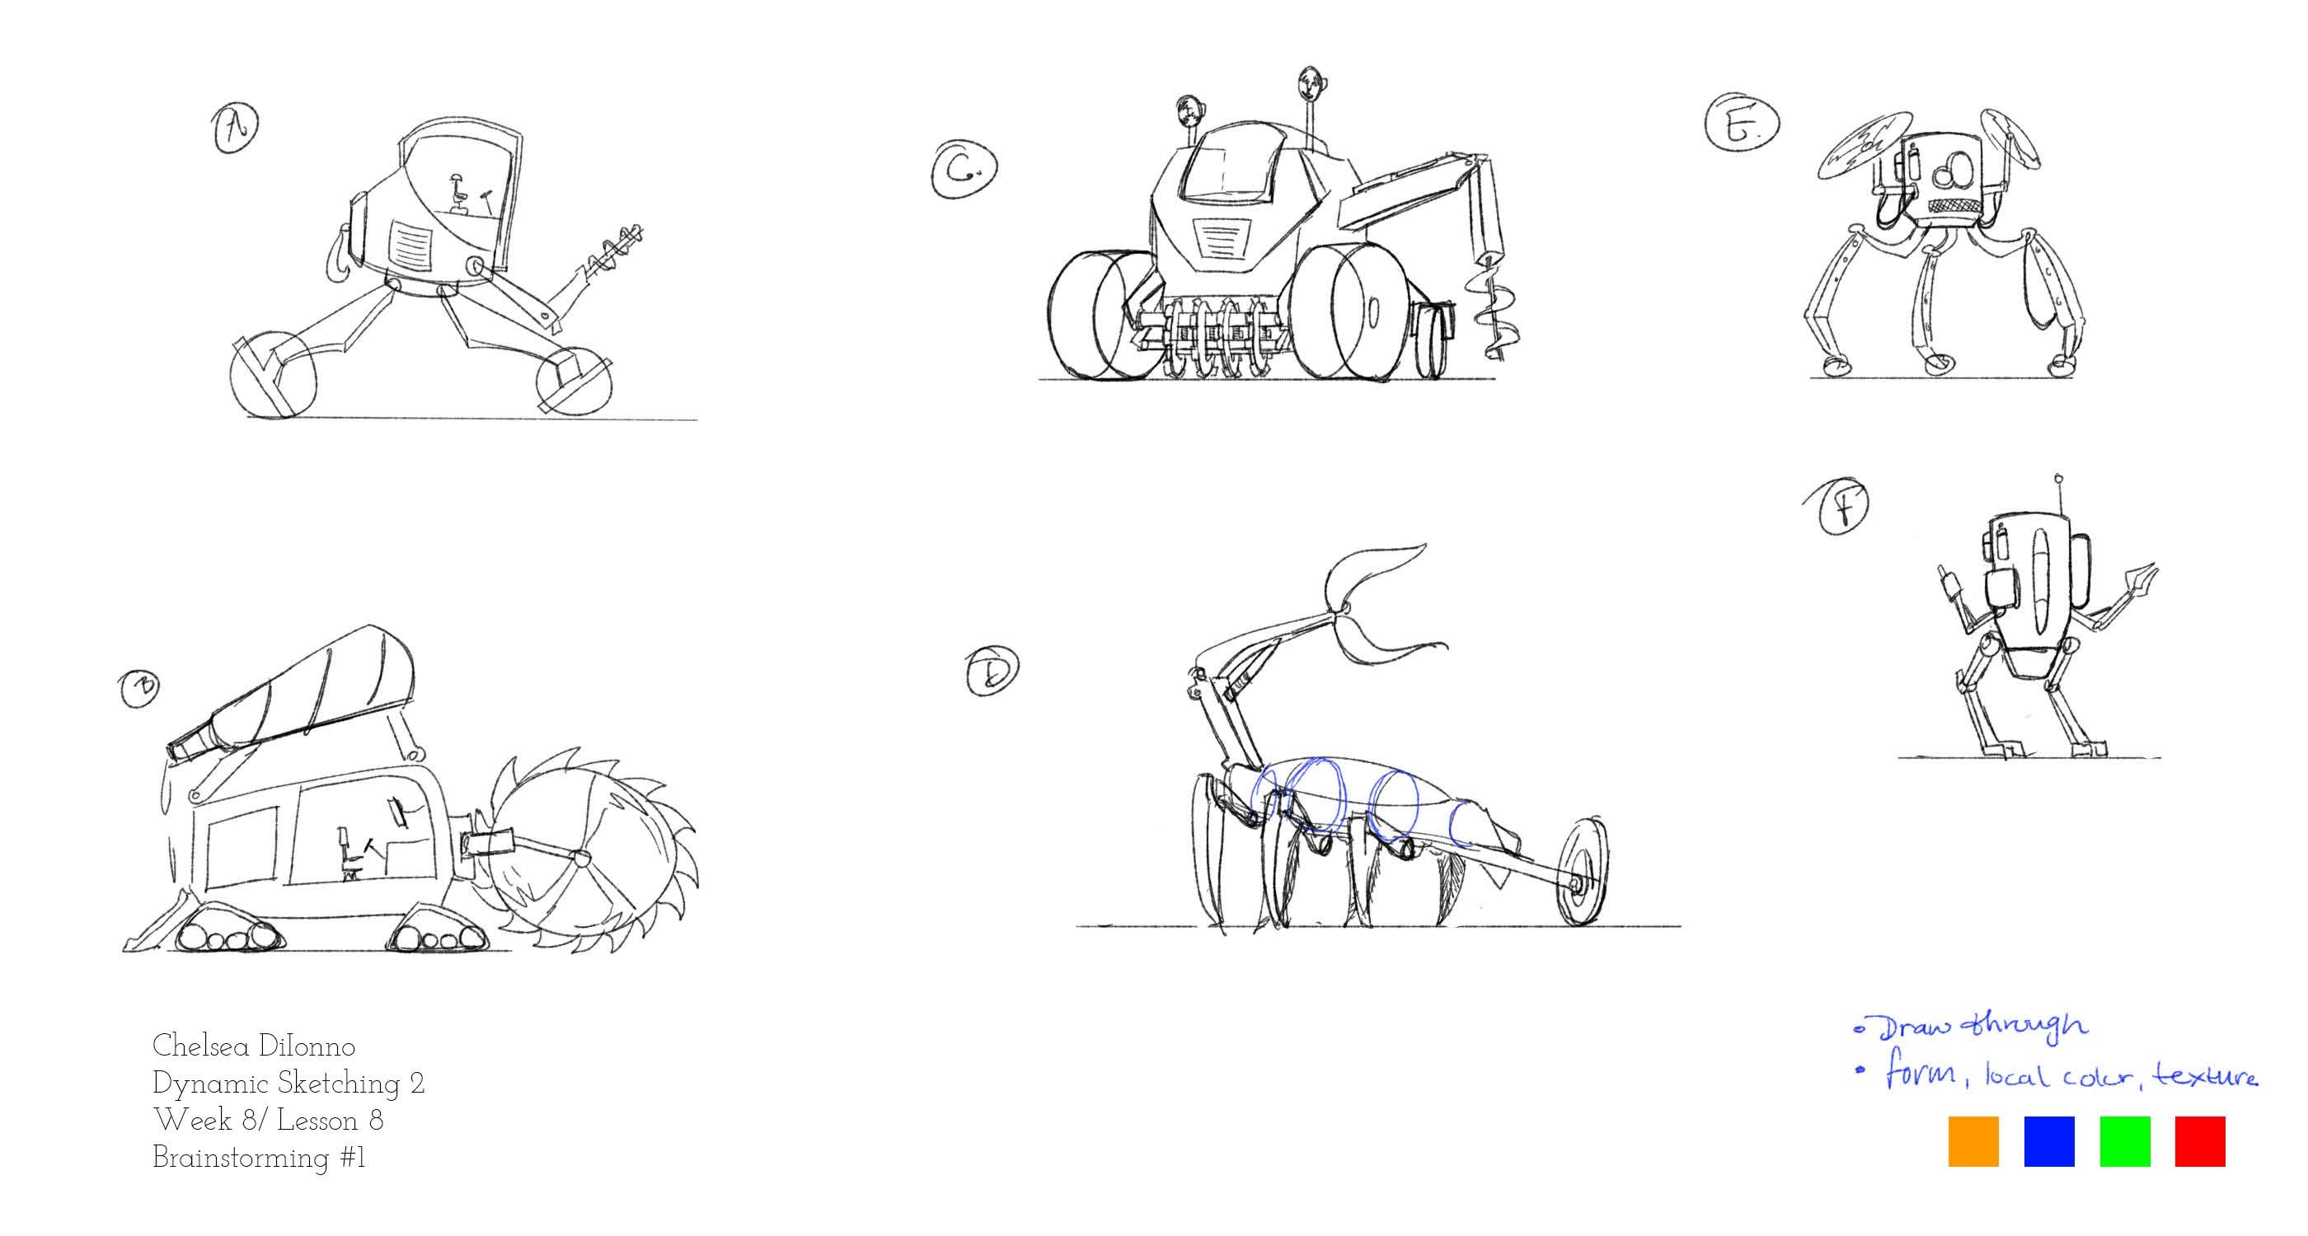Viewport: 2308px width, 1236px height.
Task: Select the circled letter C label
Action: click(x=963, y=169)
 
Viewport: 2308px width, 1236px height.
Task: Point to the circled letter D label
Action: click(x=992, y=669)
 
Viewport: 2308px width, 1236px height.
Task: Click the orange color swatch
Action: click(x=1973, y=1141)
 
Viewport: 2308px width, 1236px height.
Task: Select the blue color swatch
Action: click(x=2049, y=1141)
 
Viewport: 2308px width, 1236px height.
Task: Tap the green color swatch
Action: click(x=2124, y=1141)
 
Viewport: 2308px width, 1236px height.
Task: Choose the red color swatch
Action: click(x=2199, y=1141)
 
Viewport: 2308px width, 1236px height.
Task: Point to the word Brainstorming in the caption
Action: click(x=241, y=1158)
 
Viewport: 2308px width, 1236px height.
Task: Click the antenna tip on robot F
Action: click(x=2059, y=480)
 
